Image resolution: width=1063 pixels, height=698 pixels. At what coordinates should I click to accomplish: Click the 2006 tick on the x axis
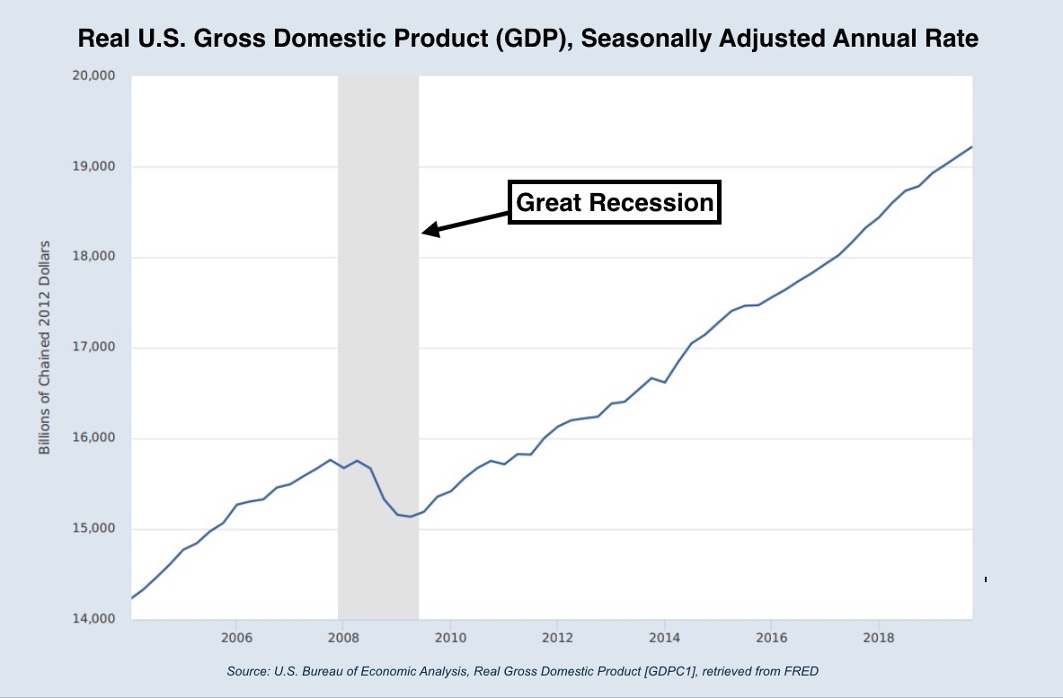(x=235, y=637)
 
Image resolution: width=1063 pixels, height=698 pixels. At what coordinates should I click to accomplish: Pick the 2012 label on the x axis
(x=557, y=637)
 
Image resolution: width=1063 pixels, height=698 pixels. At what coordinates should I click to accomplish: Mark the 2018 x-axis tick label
(x=878, y=637)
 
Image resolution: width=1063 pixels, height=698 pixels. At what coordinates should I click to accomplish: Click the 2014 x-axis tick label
(x=664, y=637)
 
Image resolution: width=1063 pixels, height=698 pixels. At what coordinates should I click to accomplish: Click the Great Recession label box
(x=615, y=203)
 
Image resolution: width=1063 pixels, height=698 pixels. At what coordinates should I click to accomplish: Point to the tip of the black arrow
(x=424, y=233)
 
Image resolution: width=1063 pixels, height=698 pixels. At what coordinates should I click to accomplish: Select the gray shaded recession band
(x=377, y=359)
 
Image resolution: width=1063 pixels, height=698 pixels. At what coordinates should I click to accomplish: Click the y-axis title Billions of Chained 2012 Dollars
(x=44, y=347)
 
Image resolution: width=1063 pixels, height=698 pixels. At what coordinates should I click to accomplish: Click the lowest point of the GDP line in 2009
(x=410, y=517)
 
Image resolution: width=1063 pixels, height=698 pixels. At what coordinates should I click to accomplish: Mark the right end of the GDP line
(x=971, y=146)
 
